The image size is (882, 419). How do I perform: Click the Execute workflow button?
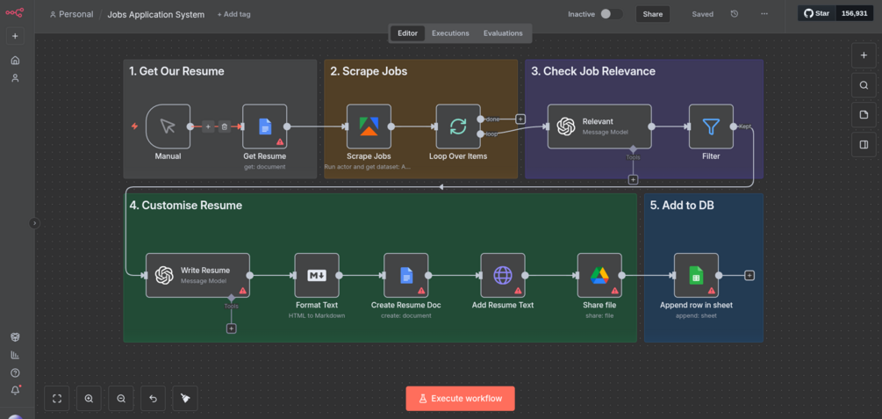point(460,398)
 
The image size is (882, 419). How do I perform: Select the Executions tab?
point(450,33)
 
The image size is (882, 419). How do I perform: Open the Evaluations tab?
point(503,33)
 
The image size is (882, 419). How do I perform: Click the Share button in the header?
point(652,14)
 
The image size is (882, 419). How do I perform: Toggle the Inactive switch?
point(611,14)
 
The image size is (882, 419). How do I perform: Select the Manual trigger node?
point(168,126)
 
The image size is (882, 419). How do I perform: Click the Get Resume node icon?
point(265,126)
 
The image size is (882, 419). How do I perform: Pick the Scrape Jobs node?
point(369,126)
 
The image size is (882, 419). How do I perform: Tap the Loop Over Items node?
point(458,126)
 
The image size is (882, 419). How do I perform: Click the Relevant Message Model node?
point(599,126)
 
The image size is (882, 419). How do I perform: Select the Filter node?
point(711,126)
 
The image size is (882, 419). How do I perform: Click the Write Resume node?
point(197,275)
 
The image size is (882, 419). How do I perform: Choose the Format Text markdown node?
point(317,275)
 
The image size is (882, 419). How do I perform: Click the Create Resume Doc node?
point(406,275)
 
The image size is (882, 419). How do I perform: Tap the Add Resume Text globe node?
point(503,275)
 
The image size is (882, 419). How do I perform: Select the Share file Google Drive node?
point(599,275)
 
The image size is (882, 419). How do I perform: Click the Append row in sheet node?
point(696,275)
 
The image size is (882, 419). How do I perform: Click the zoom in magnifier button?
point(89,398)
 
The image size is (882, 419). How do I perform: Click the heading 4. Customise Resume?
point(185,206)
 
